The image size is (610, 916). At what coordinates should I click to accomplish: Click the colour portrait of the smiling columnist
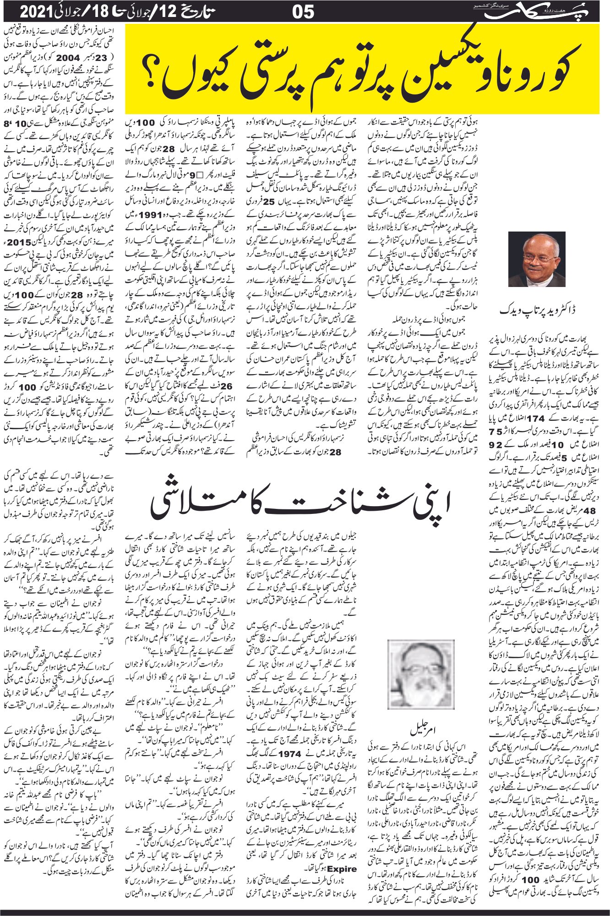coord(536,259)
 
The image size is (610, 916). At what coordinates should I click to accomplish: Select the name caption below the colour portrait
coord(538,310)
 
